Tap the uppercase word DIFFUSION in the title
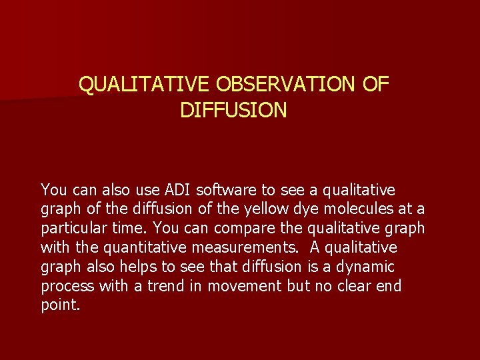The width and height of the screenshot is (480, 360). pos(233,110)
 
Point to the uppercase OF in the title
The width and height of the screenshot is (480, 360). pos(375,85)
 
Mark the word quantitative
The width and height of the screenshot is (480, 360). pos(145,248)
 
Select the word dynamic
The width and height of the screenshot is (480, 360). pos(367,267)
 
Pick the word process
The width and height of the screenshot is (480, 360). pos(67,287)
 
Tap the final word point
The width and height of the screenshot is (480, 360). pos(60,306)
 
